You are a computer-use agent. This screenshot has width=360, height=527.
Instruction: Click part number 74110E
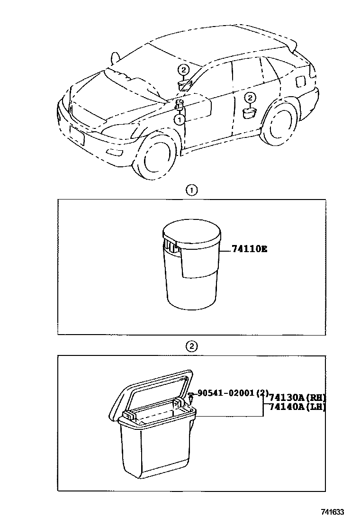pos(249,249)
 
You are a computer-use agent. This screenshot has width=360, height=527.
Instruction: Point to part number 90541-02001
pos(226,393)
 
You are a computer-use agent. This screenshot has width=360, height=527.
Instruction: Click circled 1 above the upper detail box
pos(191,191)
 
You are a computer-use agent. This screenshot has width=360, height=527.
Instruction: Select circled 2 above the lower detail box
pos(191,346)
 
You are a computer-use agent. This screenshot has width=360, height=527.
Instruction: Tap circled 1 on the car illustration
pos(180,120)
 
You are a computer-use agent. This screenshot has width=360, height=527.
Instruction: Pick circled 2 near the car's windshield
pos(183,71)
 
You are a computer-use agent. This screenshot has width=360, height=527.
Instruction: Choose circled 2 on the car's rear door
pos(250,98)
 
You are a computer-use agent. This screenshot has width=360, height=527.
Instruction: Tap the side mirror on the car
pos(114,59)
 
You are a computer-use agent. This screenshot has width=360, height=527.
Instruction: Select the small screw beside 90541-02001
pos(190,394)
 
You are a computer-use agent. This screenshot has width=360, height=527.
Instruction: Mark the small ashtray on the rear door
pos(250,112)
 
